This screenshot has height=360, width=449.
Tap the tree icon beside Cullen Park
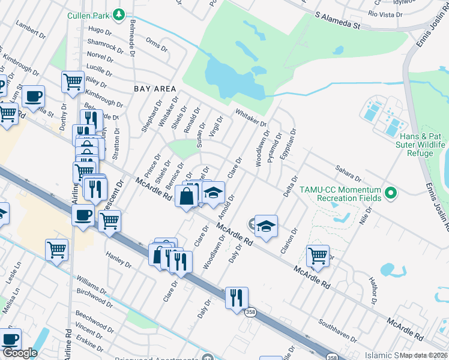coord(119,14)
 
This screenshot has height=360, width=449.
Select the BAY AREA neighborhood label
coord(155,88)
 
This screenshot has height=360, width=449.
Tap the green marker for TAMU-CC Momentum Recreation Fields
coord(391,193)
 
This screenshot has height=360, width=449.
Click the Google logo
coord(20,353)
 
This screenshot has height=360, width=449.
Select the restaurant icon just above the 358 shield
coord(237,298)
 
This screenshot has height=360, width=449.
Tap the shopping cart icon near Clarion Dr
coord(318,255)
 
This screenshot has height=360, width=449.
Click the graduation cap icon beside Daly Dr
coord(266,226)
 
